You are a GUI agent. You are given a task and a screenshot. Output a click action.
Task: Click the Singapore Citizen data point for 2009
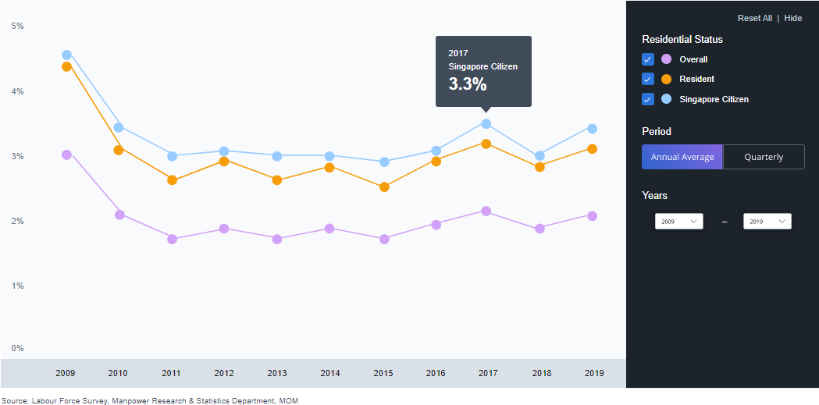tap(66, 55)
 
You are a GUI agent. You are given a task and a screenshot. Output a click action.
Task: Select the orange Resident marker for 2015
tap(384, 187)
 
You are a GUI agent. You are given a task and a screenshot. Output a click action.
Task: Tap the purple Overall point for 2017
tap(486, 211)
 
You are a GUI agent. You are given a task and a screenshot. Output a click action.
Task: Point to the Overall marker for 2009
tap(66, 155)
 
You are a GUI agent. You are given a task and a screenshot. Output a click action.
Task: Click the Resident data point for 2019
tap(592, 148)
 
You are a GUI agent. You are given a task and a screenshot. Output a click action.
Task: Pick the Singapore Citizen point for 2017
tap(486, 123)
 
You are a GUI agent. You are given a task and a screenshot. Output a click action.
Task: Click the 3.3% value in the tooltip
tap(467, 84)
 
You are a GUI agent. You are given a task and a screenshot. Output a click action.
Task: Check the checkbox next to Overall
tap(647, 59)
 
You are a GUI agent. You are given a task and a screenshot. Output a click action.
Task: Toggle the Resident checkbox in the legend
tap(647, 79)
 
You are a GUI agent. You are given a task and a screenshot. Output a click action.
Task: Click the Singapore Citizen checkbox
tap(647, 99)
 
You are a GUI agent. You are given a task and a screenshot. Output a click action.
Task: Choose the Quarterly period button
tap(764, 157)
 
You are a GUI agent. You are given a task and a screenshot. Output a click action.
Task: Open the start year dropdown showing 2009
tap(678, 222)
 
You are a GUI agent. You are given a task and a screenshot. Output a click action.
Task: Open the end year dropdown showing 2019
tap(767, 222)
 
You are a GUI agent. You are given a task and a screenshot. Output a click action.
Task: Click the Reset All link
tap(754, 18)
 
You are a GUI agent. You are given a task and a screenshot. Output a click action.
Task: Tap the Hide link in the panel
tap(792, 18)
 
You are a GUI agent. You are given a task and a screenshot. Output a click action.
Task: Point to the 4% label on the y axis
tap(17, 91)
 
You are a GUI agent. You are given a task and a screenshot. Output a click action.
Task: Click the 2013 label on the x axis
tap(277, 373)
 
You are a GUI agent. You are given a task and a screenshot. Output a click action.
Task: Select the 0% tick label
tap(17, 348)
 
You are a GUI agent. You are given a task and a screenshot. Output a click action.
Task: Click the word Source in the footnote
tap(15, 400)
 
